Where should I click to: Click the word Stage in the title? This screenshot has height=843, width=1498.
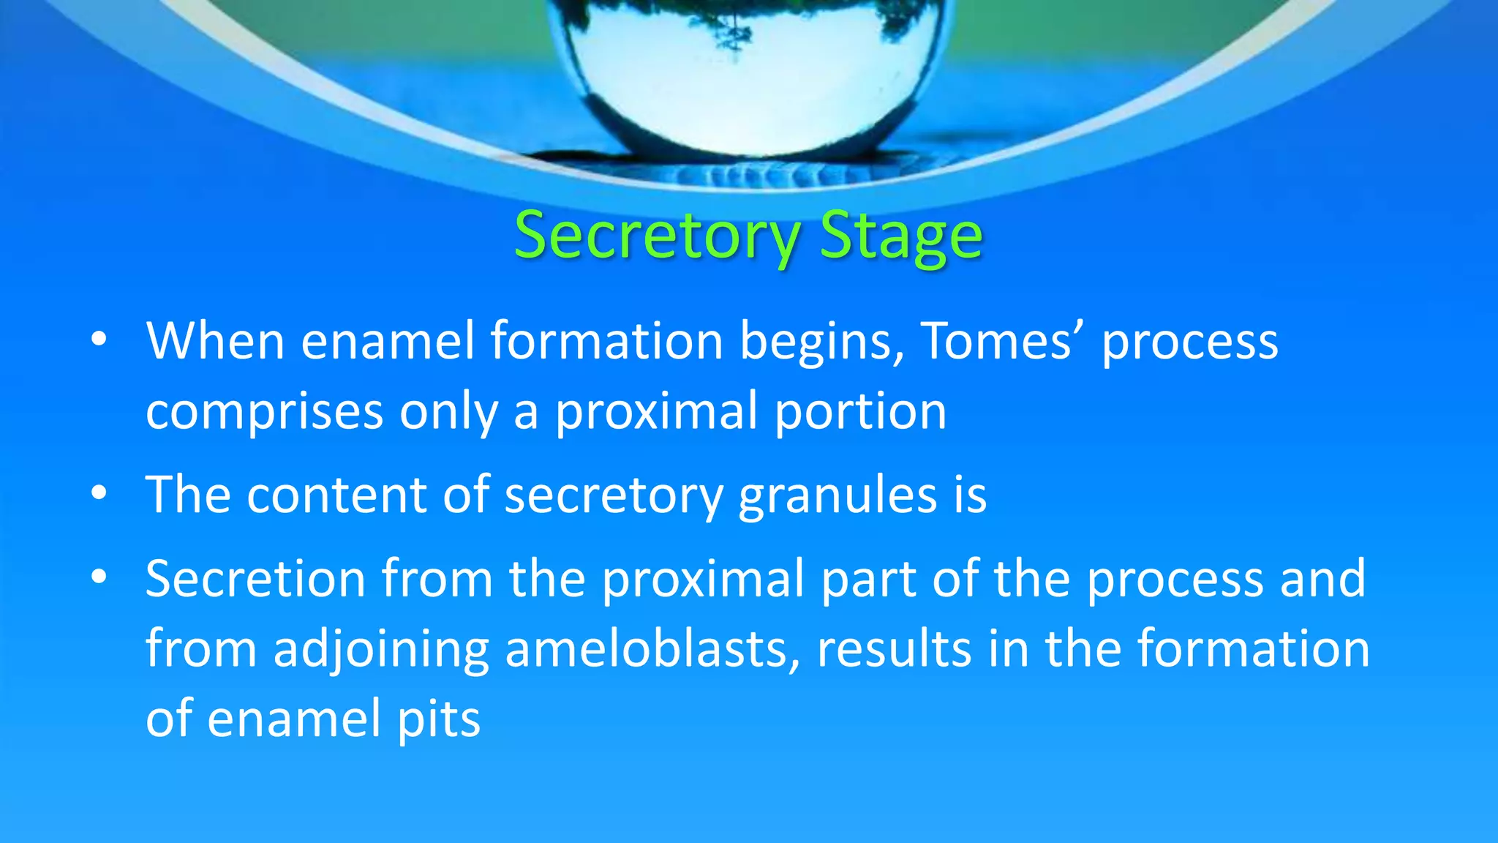(x=900, y=236)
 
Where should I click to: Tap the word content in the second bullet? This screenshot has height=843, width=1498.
(x=336, y=495)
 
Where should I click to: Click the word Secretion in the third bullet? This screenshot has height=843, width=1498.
(x=255, y=579)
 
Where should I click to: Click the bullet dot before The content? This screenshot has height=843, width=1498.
(x=99, y=494)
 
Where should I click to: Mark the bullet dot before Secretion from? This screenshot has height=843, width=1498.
(x=99, y=577)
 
